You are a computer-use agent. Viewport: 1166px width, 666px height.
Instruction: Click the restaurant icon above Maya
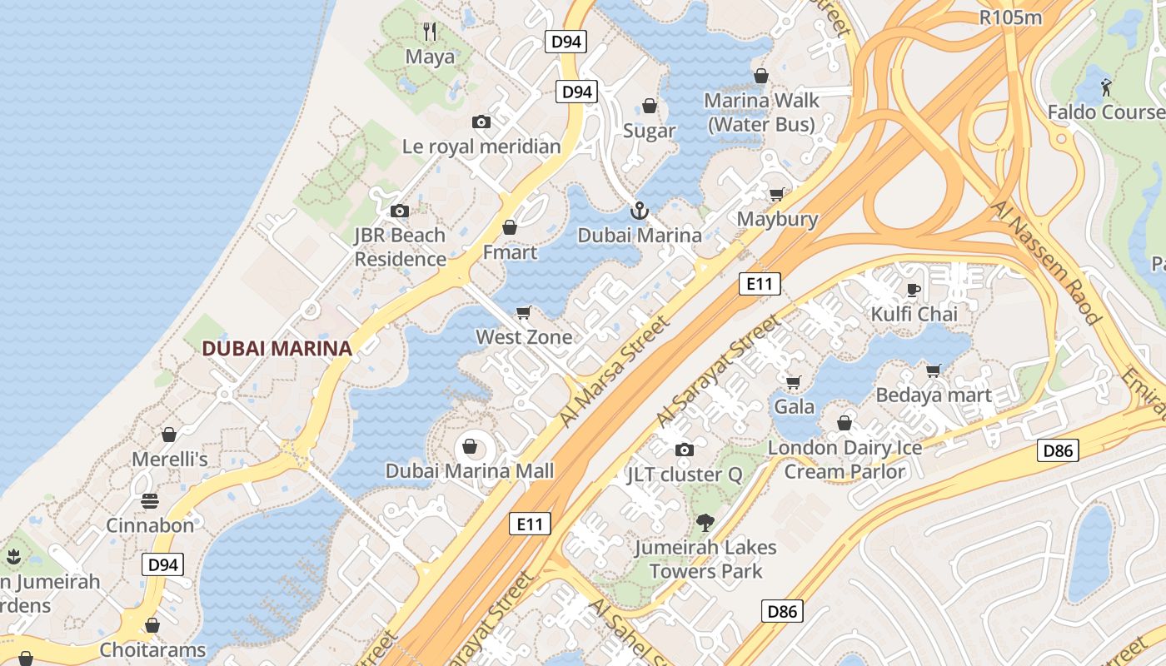coord(430,32)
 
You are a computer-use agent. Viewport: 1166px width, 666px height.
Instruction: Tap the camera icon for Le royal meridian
coord(481,122)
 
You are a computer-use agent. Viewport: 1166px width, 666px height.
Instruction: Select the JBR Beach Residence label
coord(401,247)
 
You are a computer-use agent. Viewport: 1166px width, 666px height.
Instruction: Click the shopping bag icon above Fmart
coord(510,227)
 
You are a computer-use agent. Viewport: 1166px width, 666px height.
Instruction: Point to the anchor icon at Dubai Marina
coord(639,211)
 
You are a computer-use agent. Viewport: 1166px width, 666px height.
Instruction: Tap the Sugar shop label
coord(650,132)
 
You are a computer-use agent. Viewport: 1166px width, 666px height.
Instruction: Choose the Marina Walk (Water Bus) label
coord(761,112)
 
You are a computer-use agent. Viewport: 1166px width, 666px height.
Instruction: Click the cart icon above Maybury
coord(776,195)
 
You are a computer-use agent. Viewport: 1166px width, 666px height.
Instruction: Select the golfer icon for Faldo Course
coord(1106,87)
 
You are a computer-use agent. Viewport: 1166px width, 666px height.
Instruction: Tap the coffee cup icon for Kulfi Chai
coord(914,290)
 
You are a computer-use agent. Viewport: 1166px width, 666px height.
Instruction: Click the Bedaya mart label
coord(934,395)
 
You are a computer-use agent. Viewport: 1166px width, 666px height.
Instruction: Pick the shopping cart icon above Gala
coord(794,382)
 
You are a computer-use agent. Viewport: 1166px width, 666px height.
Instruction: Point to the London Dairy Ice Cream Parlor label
coord(845,460)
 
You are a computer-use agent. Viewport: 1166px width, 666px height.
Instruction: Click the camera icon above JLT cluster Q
coord(684,450)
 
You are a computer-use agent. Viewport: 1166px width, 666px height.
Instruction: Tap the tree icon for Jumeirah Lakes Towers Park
coord(705,523)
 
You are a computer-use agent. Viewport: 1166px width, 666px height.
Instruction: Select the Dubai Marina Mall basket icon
coord(470,447)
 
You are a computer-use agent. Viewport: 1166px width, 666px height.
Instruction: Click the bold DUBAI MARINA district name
coord(277,349)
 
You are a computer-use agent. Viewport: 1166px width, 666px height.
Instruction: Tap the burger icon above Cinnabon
coord(150,501)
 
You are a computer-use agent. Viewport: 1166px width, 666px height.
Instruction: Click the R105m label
coord(1011,17)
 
